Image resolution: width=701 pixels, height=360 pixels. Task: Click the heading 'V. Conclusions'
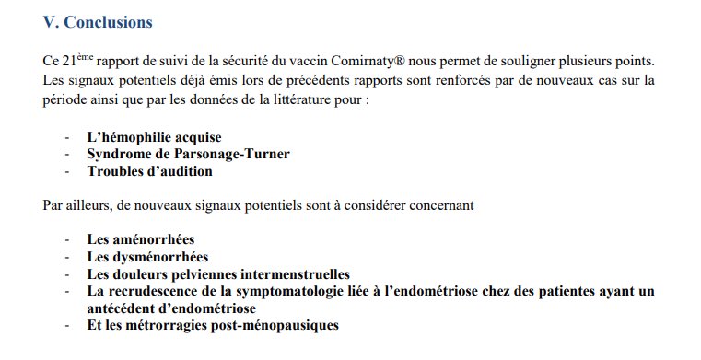coord(98,21)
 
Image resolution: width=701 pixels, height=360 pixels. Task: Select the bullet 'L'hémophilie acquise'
coord(155,136)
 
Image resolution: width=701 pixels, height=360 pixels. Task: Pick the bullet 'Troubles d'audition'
coord(149,170)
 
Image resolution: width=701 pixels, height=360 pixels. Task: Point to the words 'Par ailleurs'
coord(74,204)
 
